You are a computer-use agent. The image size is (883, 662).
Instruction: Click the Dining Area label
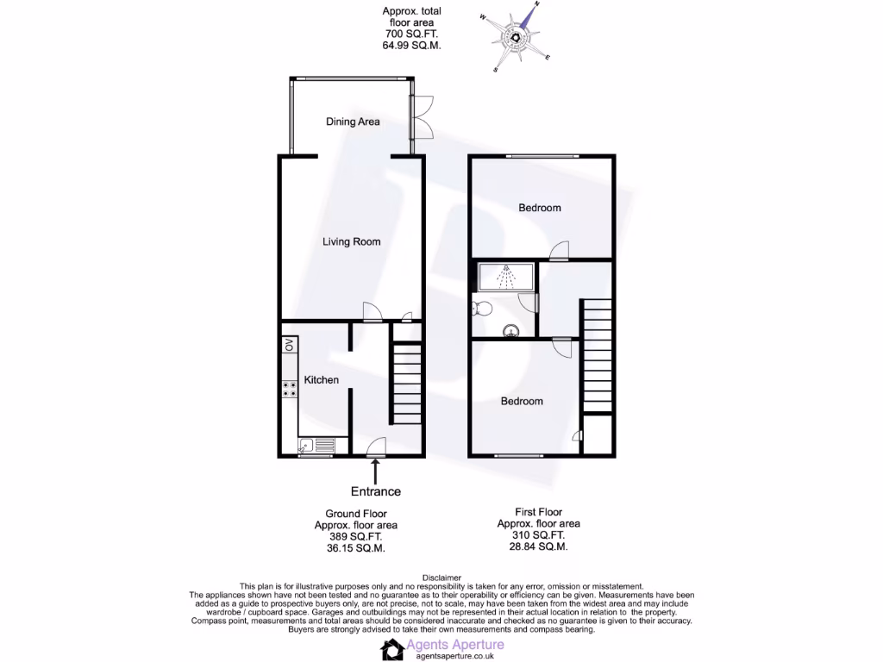pyautogui.click(x=353, y=122)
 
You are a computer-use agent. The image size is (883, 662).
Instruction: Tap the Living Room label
pyautogui.click(x=352, y=242)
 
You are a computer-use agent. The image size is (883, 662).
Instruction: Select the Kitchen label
pyautogui.click(x=322, y=380)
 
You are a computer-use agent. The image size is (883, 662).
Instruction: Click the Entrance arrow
pyautogui.click(x=376, y=472)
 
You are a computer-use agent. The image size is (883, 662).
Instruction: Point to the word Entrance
pyautogui.click(x=376, y=491)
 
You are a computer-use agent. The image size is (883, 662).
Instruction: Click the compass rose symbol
pyautogui.click(x=516, y=37)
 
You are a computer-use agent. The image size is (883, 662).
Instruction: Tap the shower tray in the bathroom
pyautogui.click(x=505, y=278)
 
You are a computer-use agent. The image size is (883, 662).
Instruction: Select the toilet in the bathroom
pyautogui.click(x=482, y=307)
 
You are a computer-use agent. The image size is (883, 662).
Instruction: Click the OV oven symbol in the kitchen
pyautogui.click(x=289, y=346)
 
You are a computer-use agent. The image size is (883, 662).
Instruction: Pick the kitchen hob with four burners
pyautogui.click(x=289, y=389)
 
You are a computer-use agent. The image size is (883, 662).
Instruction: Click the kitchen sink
pyautogui.click(x=316, y=446)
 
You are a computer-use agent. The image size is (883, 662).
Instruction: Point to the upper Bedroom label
pyautogui.click(x=540, y=208)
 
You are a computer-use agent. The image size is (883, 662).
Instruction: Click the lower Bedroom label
pyautogui.click(x=523, y=402)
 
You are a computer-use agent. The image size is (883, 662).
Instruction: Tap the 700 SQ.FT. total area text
pyautogui.click(x=411, y=34)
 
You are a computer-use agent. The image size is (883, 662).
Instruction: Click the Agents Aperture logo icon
pyautogui.click(x=394, y=649)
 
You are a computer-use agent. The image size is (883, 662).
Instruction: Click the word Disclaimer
pyautogui.click(x=441, y=578)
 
